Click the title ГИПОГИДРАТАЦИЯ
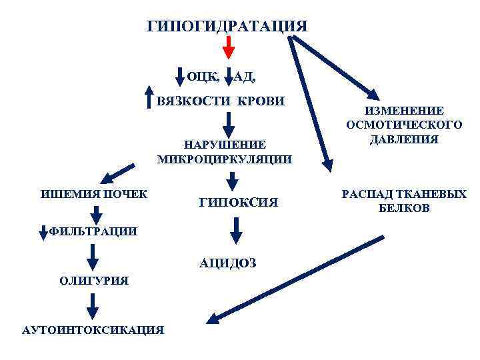tap(227, 27)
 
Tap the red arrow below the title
tap(229, 47)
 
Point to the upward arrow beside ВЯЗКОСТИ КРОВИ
tap(150, 97)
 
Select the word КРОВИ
tap(261, 101)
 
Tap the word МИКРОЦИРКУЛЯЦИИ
tap(225, 159)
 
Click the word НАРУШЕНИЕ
tap(225, 145)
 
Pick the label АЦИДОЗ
tap(227, 263)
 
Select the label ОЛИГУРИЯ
tap(94, 281)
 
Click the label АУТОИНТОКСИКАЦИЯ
tap(93, 329)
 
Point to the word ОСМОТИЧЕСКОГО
tap(405, 125)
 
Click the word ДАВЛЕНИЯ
tap(405, 139)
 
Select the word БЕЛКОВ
tap(405, 209)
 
